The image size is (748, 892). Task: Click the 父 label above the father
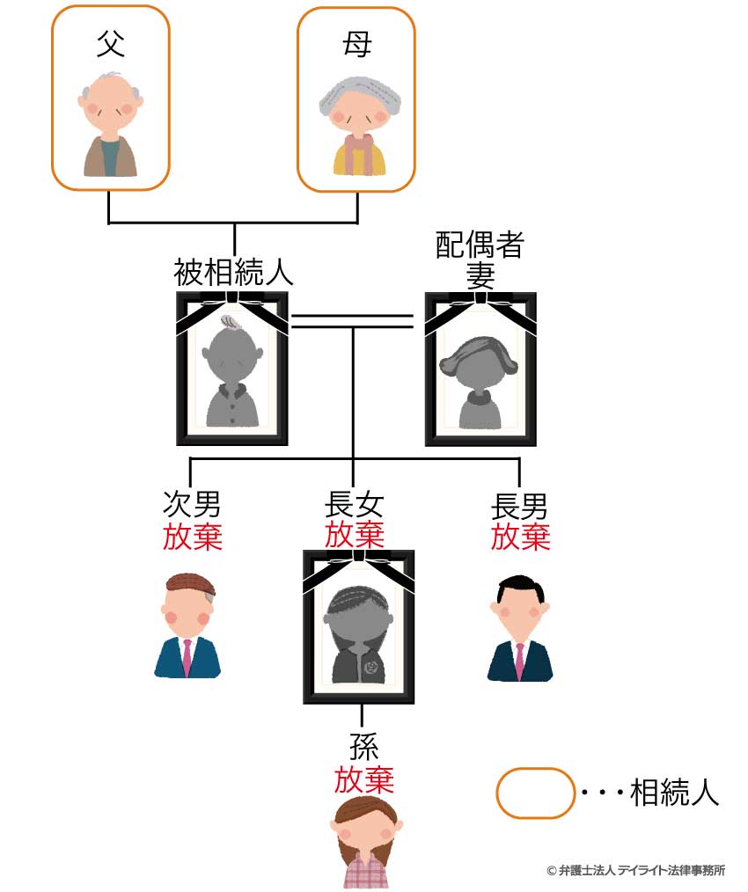[111, 44]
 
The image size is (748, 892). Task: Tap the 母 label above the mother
[357, 44]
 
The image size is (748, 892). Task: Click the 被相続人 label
[233, 272]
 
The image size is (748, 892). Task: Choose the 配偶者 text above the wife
[480, 245]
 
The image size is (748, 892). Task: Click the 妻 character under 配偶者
[480, 276]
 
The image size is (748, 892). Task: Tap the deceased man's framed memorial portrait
[232, 368]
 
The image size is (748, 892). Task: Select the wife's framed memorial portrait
[480, 369]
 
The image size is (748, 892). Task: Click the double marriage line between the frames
[352, 321]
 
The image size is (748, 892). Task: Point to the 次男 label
[192, 503]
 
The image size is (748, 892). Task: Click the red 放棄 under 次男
[193, 537]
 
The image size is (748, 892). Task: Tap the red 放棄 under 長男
[520, 537]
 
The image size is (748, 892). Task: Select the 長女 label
[354, 504]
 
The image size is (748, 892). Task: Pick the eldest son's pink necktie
[519, 661]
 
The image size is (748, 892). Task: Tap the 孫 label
[363, 747]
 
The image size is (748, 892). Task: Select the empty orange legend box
[535, 793]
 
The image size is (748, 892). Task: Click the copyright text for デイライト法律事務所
[636, 870]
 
